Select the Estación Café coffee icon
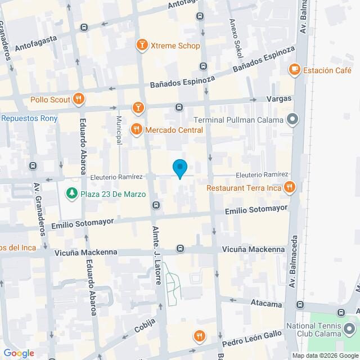point(294,70)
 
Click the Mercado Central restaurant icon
point(136,130)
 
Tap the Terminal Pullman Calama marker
point(292,119)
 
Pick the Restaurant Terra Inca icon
point(289,188)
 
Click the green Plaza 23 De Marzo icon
point(71,194)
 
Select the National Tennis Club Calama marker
point(350,328)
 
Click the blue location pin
point(179,168)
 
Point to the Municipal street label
point(119,130)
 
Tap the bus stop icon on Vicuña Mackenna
point(180,248)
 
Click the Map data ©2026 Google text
point(325,355)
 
